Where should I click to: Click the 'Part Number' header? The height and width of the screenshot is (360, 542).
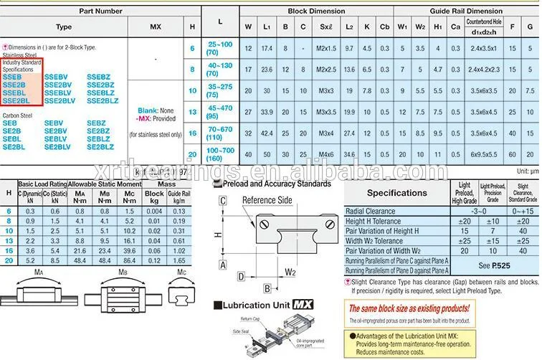click(x=100, y=11)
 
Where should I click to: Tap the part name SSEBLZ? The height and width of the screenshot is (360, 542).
click(x=100, y=93)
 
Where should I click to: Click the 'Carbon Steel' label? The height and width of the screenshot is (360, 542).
click(x=16, y=115)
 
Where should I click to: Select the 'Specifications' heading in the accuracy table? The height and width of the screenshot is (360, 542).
click(x=396, y=193)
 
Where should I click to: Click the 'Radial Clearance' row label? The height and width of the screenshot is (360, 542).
click(x=370, y=212)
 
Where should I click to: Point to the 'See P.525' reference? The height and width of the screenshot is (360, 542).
click(x=495, y=265)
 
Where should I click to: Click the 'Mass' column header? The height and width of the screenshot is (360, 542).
click(x=166, y=184)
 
